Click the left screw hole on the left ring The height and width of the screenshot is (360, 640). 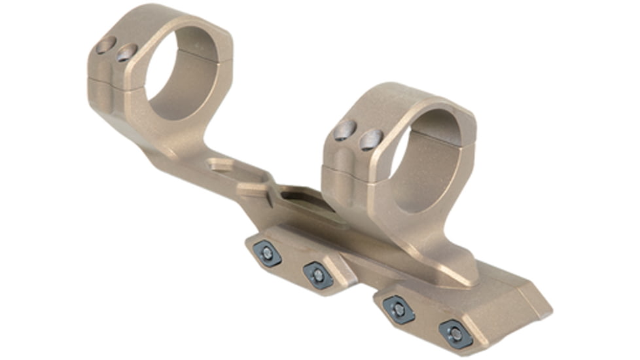(x=105, y=45)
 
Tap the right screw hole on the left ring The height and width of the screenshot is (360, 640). (x=126, y=53)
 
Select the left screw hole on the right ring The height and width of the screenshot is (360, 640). (x=345, y=132)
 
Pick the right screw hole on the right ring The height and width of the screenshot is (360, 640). (x=371, y=139)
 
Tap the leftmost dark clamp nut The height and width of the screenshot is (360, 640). (x=267, y=253)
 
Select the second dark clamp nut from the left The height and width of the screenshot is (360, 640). (x=318, y=275)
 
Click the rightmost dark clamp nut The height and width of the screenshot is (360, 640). (x=455, y=334)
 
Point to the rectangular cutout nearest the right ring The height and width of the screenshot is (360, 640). (x=302, y=196)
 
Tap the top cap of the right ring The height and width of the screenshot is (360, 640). (x=406, y=98)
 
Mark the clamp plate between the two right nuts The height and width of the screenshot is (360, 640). (x=427, y=321)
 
